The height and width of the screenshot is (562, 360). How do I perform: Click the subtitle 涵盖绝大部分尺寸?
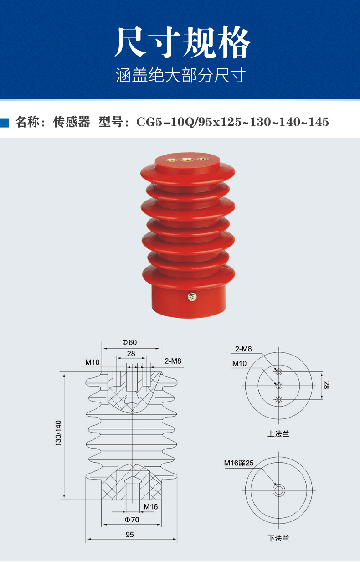181,75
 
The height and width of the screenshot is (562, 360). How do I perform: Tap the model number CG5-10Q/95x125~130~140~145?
232,122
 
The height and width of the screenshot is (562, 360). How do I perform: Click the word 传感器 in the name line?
72,122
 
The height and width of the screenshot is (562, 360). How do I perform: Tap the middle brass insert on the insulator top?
185,160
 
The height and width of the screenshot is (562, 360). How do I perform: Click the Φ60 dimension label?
130,342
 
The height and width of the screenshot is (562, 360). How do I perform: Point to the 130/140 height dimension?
58,433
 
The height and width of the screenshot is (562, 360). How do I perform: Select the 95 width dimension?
130,534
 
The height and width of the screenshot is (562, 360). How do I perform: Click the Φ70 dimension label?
132,519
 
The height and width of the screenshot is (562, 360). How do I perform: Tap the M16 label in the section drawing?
150,506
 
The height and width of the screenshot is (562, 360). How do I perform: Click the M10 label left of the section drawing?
92,362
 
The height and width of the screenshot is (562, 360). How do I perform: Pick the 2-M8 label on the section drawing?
173,361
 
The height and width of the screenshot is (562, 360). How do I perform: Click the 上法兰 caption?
278,433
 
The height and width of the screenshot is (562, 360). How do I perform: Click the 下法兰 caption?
278,538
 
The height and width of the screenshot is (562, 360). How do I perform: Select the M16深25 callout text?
238,463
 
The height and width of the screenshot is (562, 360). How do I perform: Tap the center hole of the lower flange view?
278,490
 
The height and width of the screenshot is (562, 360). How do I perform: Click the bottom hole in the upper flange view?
279,400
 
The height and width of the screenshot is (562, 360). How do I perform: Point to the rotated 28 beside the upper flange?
326,385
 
